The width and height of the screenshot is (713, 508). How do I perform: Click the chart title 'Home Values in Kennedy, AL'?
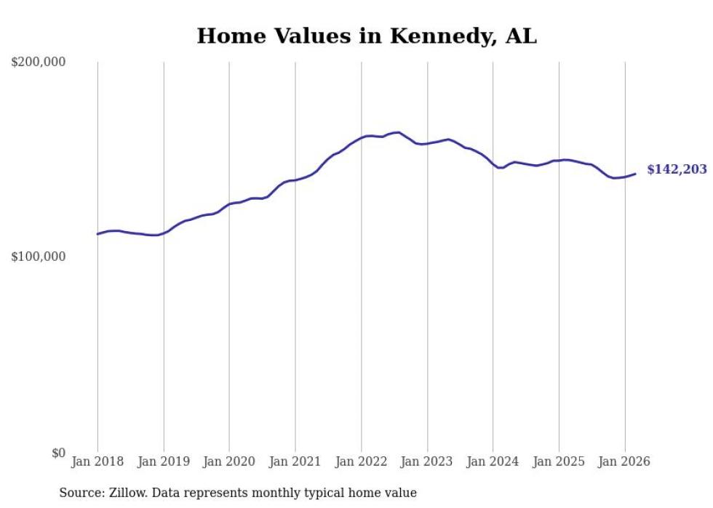367,36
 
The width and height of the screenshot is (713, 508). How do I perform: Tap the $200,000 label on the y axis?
39,63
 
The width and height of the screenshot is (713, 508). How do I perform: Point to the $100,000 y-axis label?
39,257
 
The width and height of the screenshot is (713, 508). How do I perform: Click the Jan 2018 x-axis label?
97,461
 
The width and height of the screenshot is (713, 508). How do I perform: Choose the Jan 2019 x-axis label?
164,461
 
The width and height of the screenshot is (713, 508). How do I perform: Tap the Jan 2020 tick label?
229,461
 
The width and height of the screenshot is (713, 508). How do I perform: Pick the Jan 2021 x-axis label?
295,461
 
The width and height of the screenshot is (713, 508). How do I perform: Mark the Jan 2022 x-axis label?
361,461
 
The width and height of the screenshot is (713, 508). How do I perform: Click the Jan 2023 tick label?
427,461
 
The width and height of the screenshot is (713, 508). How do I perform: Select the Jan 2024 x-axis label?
493,461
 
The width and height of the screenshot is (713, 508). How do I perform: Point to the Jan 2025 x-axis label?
559,461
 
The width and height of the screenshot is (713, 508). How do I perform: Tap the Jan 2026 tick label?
624,461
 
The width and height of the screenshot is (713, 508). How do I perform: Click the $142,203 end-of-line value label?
677,170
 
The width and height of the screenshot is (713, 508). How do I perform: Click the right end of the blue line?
635,174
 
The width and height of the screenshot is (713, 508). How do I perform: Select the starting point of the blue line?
97,234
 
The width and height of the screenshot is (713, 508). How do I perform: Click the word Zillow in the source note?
127,493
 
